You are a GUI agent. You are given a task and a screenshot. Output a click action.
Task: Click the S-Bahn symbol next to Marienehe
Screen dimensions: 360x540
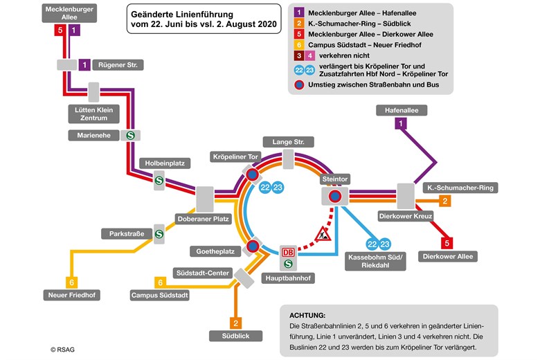point(129,135)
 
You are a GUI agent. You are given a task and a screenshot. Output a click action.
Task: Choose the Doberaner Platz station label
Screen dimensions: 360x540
point(202,219)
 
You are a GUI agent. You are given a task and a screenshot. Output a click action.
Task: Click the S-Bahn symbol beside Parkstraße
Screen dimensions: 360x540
point(159,234)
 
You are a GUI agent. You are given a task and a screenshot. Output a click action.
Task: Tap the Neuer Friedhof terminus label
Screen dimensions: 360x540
point(71,296)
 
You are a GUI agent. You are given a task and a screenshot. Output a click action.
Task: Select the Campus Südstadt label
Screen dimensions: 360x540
point(159,296)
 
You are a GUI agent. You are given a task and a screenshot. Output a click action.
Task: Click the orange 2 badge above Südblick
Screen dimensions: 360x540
point(236,323)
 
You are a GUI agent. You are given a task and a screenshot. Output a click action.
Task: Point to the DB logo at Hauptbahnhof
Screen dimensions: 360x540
point(288,253)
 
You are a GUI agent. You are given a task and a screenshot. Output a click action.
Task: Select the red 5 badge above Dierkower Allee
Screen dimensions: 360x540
point(447,242)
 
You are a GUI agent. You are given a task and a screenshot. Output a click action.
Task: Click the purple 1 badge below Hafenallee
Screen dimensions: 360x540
point(399,123)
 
